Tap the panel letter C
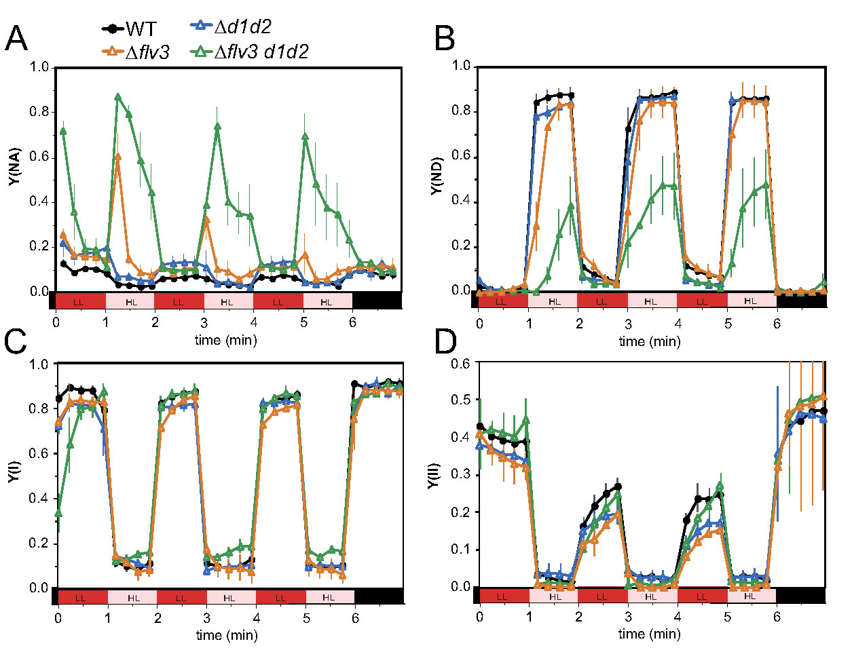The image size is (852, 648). pos(16,343)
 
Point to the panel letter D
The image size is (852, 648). pos(445,343)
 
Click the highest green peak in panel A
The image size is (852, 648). pos(118,97)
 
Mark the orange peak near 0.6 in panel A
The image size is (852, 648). pos(117,157)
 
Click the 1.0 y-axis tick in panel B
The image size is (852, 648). pos(462,66)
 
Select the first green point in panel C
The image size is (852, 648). pos(58,512)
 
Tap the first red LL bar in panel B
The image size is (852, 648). pos(502,301)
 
